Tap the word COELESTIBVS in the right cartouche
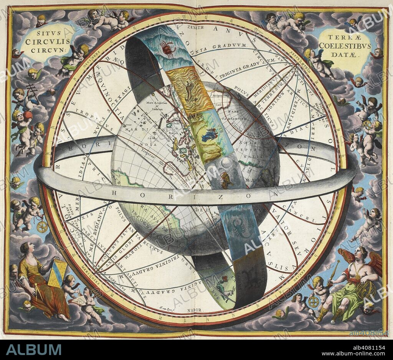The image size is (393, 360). (x=345, y=46)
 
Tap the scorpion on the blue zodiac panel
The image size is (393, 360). (x=234, y=229)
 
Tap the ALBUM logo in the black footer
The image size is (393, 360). (x=34, y=350)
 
